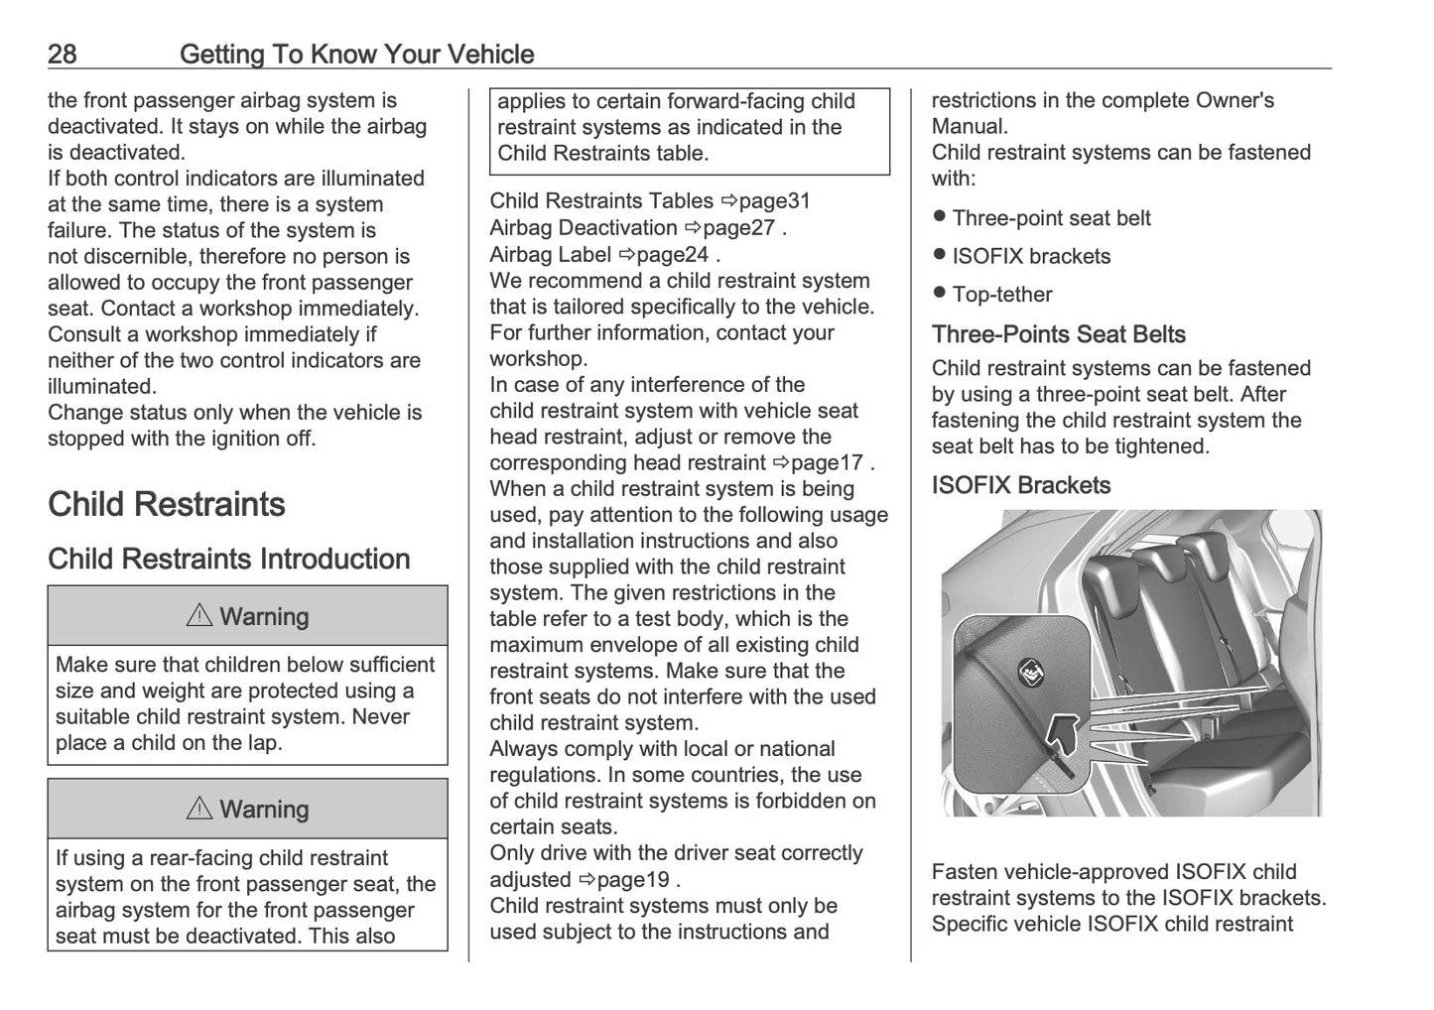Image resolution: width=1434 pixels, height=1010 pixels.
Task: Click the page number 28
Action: point(62,54)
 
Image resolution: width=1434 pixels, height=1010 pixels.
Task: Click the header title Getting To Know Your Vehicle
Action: point(356,54)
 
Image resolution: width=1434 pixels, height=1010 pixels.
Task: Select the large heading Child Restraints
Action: point(167,504)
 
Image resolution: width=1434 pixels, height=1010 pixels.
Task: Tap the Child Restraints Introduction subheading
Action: point(228,559)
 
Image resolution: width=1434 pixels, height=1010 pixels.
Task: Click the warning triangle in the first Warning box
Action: point(198,616)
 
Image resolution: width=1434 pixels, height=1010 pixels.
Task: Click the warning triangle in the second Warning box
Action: point(198,810)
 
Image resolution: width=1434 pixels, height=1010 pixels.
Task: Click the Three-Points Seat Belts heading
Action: point(1058,334)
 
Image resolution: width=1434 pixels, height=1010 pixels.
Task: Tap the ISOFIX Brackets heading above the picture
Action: point(1020,485)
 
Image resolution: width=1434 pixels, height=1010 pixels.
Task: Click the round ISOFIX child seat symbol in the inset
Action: point(1030,674)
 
